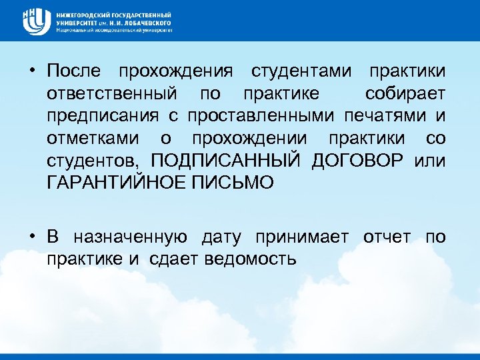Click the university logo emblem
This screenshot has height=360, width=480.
(x=35, y=21)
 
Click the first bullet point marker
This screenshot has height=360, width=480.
(x=32, y=71)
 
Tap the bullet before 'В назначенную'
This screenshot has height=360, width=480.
(x=32, y=237)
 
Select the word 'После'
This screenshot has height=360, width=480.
(x=75, y=71)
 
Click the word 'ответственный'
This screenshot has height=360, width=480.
(x=111, y=93)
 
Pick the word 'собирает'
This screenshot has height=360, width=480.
(x=406, y=93)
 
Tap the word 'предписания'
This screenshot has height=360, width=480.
(x=103, y=116)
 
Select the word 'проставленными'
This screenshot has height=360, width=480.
(x=262, y=116)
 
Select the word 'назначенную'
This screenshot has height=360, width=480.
(x=130, y=237)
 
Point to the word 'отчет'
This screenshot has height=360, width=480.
(x=387, y=237)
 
